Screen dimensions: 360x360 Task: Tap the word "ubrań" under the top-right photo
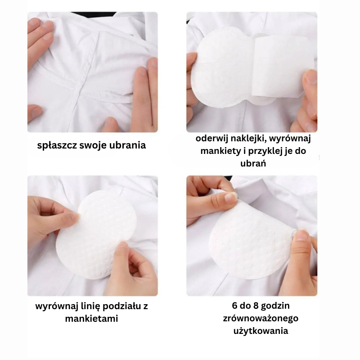pos(253,163)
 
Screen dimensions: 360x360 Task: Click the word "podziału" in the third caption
pos(121,306)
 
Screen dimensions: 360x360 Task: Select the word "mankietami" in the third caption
pos(92,319)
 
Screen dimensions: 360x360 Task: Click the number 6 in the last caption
pos(234,306)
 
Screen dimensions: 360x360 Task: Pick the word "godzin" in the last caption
pos(275,306)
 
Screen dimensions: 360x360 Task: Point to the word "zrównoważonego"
pos(261,319)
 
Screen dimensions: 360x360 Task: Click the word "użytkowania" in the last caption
pos(261,331)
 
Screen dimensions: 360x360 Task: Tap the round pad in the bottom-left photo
pos(96,234)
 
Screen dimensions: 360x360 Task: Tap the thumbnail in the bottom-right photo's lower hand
pos(302,235)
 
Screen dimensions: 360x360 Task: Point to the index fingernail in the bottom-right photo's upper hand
pos(230,198)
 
